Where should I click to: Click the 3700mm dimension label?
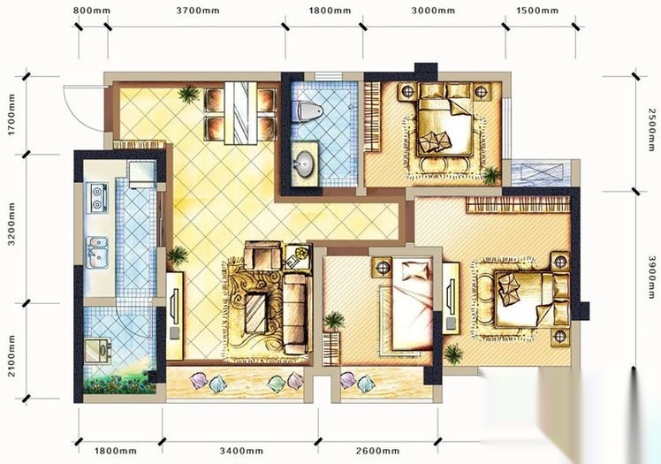pyautogui.click(x=198, y=11)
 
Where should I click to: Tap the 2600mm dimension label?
pyautogui.click(x=377, y=451)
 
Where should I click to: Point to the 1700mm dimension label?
pyautogui.click(x=11, y=115)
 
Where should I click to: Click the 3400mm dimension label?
pyautogui.click(x=241, y=451)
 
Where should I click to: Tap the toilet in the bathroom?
pyautogui.click(x=308, y=111)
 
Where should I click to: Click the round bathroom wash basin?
pyautogui.click(x=303, y=163)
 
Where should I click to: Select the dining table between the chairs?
pyautogui.click(x=240, y=113)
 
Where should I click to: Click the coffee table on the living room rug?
pyautogui.click(x=256, y=313)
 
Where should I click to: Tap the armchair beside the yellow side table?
pyautogui.click(x=263, y=255)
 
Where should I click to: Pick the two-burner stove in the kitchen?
pyautogui.click(x=97, y=198)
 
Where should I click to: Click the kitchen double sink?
pyautogui.click(x=97, y=252)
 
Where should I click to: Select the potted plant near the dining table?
pyautogui.click(x=188, y=94)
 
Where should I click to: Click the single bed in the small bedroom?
pyautogui.click(x=412, y=306)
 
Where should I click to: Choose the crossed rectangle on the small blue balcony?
pyautogui.click(x=542, y=173)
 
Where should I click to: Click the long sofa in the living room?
pyautogui.click(x=293, y=314)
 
